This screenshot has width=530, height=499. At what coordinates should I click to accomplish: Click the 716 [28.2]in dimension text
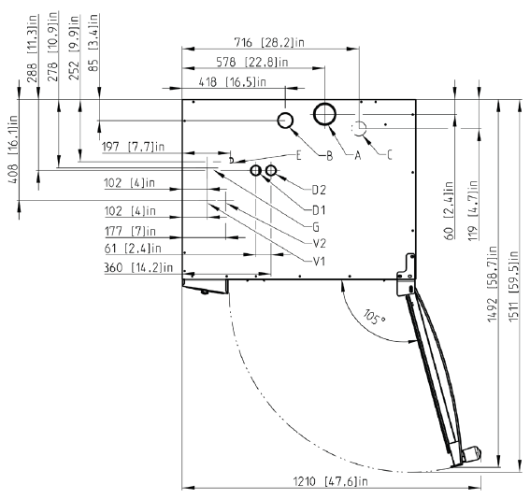[269, 43]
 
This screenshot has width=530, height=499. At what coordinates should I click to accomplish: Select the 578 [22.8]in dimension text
[251, 63]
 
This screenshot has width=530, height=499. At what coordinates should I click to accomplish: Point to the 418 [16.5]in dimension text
[232, 82]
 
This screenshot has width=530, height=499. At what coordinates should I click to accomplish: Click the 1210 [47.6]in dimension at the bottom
[330, 481]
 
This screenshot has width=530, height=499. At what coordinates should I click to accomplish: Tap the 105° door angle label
[374, 317]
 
